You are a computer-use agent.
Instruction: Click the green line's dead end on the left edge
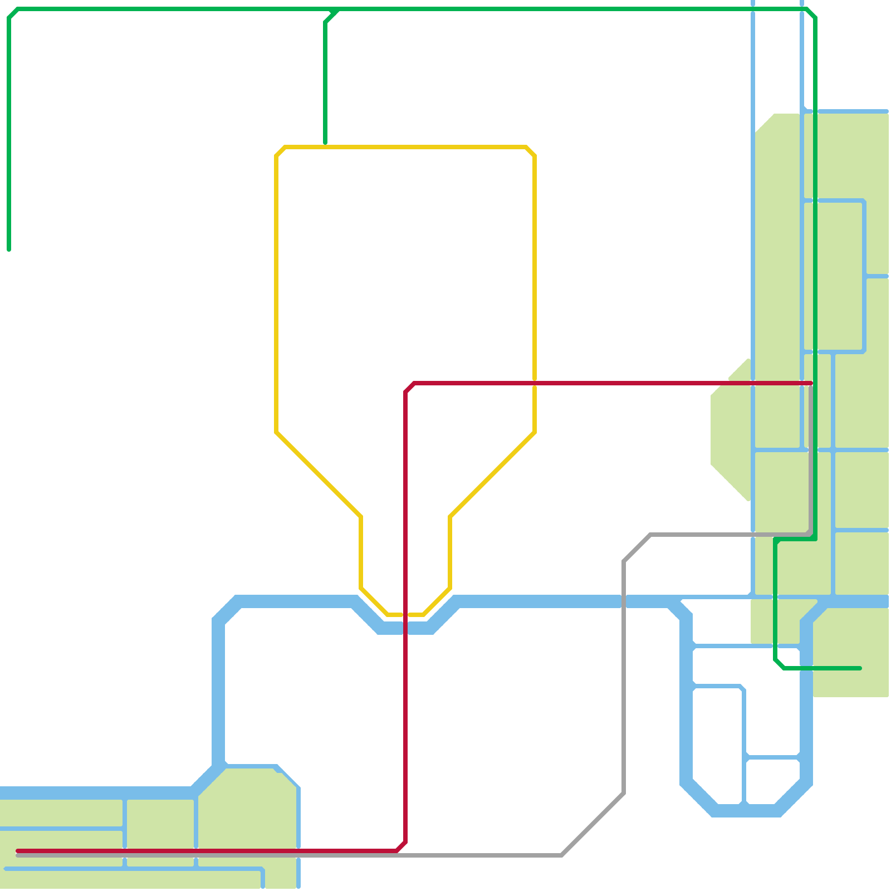tap(9, 249)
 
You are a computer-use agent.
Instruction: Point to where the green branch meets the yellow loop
tap(325, 146)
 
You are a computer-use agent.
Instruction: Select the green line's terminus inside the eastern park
tap(859, 668)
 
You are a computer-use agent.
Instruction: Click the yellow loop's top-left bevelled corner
tap(280, 151)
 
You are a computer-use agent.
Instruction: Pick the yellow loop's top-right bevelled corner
tap(531, 151)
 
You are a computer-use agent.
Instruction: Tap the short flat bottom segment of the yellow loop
tap(406, 615)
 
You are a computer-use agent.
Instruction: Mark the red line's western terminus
tap(18, 851)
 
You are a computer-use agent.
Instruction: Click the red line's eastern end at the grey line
tap(811, 383)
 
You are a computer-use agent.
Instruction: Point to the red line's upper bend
tap(409, 388)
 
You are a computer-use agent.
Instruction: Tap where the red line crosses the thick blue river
tap(405, 628)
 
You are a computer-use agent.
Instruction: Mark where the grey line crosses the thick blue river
tap(624, 601)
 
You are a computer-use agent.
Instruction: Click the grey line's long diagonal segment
tap(593, 824)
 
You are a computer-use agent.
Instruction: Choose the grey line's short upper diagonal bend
tap(637, 548)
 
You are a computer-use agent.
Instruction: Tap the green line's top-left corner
tap(13, 13)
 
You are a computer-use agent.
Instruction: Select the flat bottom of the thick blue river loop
tap(746, 810)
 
